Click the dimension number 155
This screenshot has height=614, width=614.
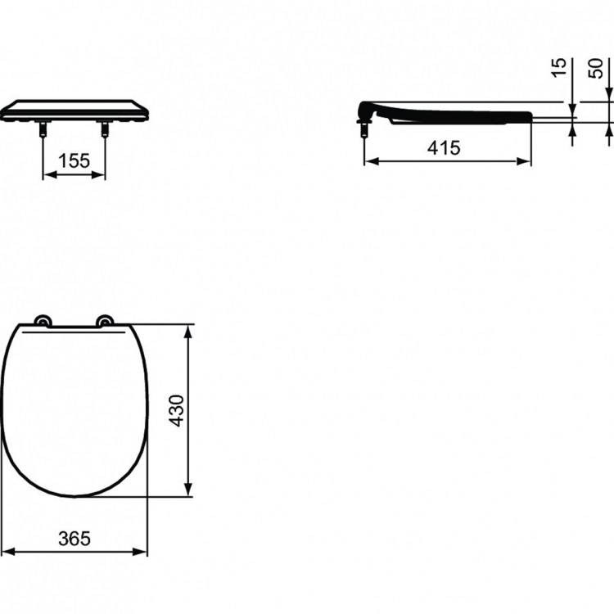(x=74, y=161)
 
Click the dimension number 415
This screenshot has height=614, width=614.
(x=444, y=148)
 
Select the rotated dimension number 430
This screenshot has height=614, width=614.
(x=177, y=411)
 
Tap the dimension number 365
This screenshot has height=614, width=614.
(x=74, y=539)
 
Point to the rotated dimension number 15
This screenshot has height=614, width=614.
(x=559, y=68)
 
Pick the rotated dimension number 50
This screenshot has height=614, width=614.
(x=596, y=68)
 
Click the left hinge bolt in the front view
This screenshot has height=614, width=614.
(x=43, y=129)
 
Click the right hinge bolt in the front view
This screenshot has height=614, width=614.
(x=105, y=129)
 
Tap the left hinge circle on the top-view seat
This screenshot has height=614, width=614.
(x=43, y=320)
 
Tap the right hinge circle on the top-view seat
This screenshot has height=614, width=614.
(x=105, y=320)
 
